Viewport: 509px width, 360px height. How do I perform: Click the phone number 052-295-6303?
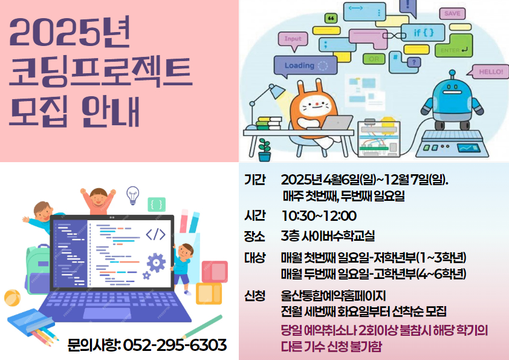point(175,345)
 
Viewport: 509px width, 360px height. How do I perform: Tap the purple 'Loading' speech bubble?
point(305,65)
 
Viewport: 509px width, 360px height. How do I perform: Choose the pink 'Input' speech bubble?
point(293,40)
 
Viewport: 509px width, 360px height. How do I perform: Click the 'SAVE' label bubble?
point(452,14)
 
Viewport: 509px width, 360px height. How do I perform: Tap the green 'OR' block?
point(374,59)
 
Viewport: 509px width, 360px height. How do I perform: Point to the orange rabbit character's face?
point(314,106)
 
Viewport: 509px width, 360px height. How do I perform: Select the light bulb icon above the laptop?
point(133,195)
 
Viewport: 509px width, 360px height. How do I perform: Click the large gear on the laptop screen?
point(156,263)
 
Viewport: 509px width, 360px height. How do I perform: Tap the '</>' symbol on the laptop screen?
point(155,234)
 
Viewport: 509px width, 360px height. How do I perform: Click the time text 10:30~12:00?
point(319,216)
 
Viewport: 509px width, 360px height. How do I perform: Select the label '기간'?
point(255,180)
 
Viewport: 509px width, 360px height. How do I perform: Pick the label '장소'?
point(255,236)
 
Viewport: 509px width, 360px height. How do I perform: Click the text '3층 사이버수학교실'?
point(328,236)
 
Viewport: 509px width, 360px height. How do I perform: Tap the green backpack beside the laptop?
point(36,270)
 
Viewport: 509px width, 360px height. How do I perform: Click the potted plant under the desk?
point(265,150)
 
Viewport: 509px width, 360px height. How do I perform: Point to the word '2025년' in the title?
point(70,32)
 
